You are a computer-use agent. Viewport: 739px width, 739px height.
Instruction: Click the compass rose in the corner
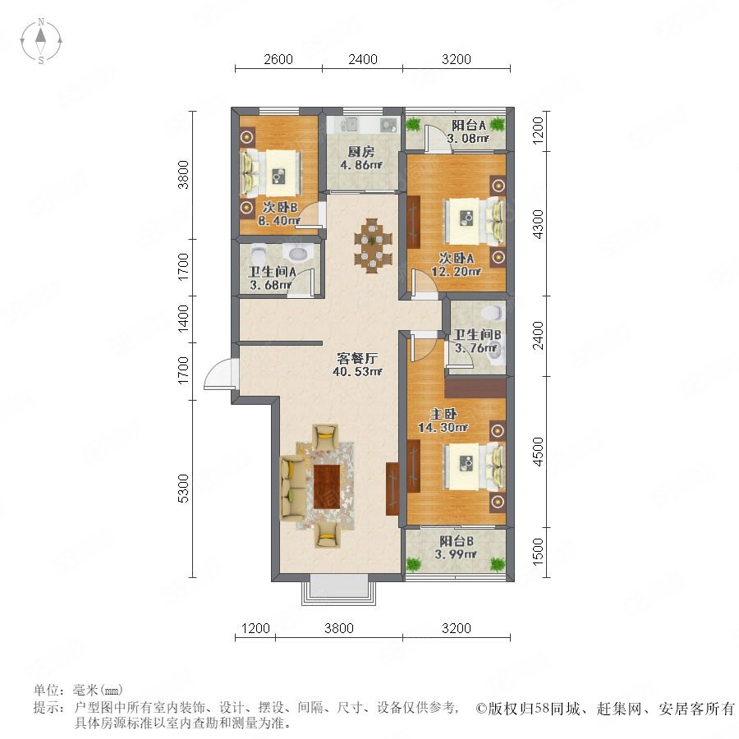[x=41, y=40]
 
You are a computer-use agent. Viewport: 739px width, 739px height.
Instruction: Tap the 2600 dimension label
[x=278, y=59]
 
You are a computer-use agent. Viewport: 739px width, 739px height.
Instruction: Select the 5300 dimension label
[x=183, y=489]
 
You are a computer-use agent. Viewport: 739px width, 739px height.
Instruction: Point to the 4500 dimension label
[x=537, y=452]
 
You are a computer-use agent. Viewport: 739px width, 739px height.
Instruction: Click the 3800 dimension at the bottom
[x=339, y=628]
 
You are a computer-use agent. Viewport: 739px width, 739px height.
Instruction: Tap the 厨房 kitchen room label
[x=361, y=152]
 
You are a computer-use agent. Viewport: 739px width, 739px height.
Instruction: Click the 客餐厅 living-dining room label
[x=357, y=358]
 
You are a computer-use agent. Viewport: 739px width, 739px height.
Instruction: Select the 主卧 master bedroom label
[x=443, y=415]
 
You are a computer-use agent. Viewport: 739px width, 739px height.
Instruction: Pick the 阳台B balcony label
[x=457, y=541]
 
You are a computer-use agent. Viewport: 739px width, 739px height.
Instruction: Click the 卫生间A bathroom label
[x=273, y=272]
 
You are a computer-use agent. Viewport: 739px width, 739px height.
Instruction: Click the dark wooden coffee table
[x=327, y=486]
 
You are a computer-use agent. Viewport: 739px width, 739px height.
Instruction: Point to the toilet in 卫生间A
[x=259, y=254]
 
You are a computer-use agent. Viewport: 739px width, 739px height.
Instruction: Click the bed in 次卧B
[x=271, y=173]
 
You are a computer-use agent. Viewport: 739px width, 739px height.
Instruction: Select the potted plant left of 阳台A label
[x=413, y=125]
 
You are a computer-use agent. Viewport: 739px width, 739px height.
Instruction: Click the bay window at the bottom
[x=339, y=589]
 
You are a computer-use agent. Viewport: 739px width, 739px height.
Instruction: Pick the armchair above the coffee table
[x=326, y=437]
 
